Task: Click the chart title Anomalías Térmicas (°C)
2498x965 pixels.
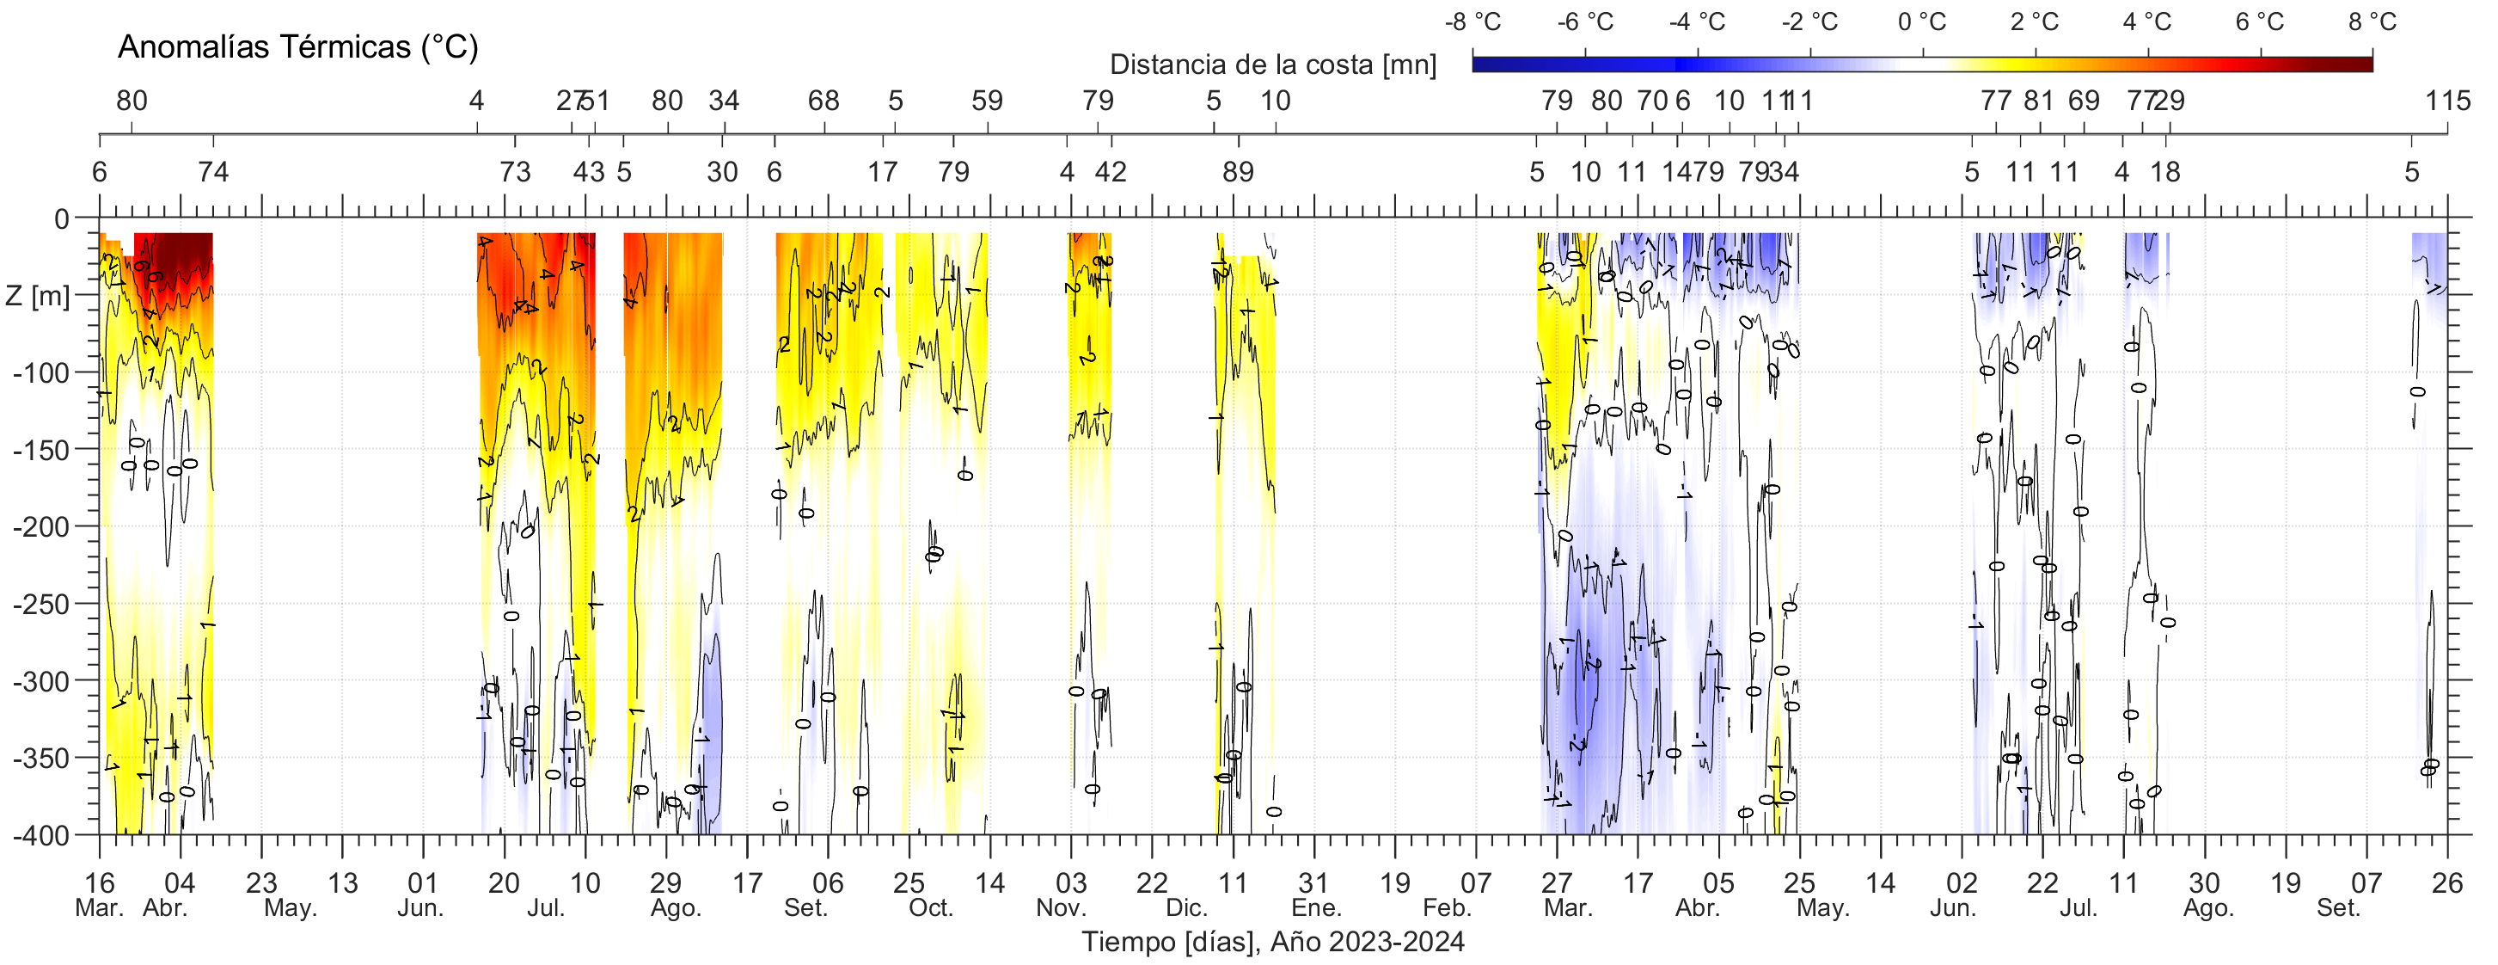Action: [297, 46]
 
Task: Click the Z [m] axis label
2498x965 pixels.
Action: [38, 295]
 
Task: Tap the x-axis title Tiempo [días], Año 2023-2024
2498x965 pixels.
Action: [1272, 942]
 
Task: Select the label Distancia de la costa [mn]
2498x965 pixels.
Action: [1272, 65]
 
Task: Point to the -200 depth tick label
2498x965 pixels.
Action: [42, 526]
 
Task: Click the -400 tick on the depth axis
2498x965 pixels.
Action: [42, 835]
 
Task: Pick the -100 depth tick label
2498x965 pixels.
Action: [42, 372]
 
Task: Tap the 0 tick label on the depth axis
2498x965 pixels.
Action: [61, 219]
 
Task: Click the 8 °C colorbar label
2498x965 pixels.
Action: [2372, 22]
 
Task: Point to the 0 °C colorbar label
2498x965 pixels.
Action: [1922, 22]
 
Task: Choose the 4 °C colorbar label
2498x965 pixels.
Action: [2147, 22]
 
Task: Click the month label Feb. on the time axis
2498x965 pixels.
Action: [1447, 909]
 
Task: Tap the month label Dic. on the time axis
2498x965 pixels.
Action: [1187, 909]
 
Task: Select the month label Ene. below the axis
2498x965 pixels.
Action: [1316, 909]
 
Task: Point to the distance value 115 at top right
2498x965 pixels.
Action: [2447, 101]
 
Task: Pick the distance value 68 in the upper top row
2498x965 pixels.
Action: [823, 101]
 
